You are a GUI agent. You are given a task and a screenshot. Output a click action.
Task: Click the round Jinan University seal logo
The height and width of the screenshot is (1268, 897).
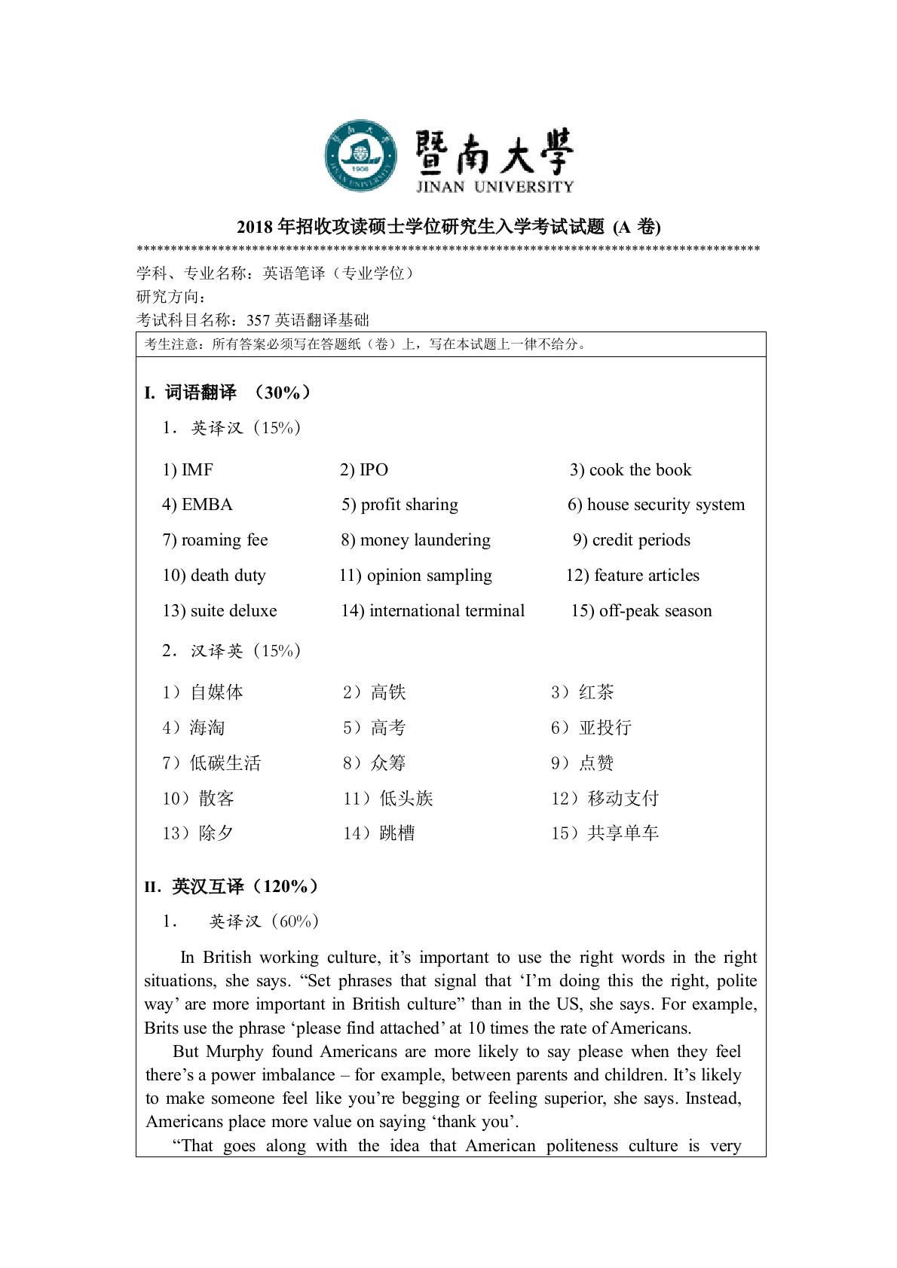point(361,156)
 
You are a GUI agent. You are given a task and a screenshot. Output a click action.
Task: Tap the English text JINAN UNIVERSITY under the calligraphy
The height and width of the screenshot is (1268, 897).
point(494,187)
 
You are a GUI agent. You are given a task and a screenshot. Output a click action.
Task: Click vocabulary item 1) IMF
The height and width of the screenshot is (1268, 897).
point(188,470)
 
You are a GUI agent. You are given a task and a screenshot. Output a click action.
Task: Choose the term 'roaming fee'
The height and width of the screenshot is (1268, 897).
point(216,540)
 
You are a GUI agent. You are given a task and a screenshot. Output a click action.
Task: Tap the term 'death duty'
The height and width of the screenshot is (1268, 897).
point(214,576)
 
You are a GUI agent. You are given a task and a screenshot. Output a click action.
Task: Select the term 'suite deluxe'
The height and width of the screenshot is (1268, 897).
point(219,611)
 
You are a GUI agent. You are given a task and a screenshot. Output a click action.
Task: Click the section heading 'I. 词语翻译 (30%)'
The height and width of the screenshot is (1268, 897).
point(227,393)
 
